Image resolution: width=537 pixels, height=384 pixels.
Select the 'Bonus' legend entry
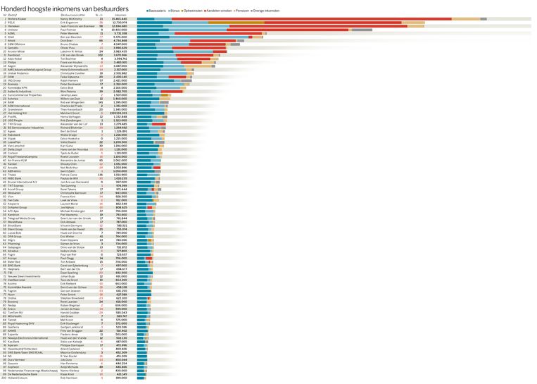coord(174,11)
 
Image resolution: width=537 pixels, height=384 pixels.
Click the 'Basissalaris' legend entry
coord(157,11)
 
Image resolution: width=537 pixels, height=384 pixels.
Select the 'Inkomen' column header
coord(120,14)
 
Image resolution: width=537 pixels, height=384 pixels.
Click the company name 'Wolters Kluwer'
coord(18,18)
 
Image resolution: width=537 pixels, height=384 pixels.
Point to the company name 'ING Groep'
coord(15,80)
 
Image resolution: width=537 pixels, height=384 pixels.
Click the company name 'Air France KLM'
coord(18,160)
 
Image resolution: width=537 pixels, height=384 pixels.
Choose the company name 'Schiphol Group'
coord(18,208)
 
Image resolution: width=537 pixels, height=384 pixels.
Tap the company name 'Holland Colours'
coord(18,377)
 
